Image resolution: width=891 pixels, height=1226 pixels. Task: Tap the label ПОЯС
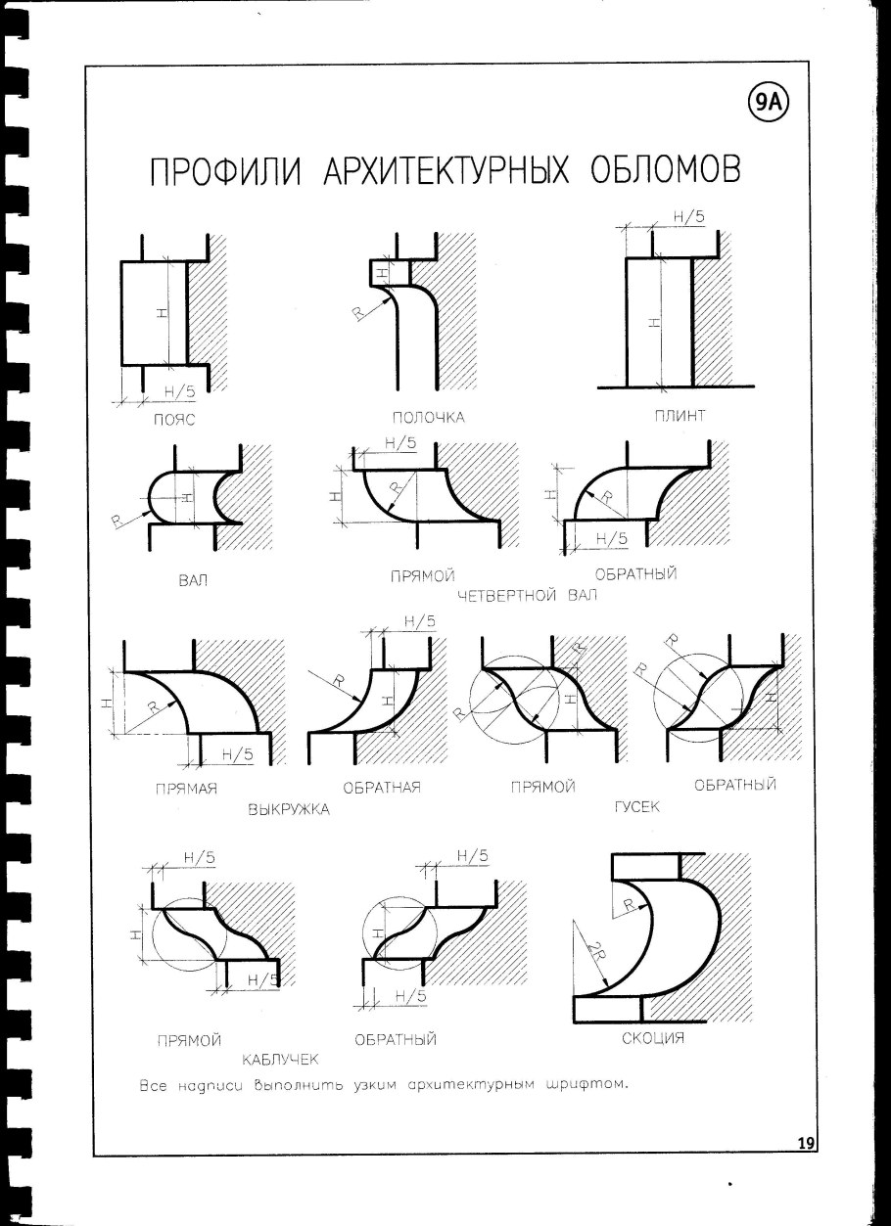(x=175, y=421)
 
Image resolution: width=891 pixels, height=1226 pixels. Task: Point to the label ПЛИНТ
(x=680, y=416)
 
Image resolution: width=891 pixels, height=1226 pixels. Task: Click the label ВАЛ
(x=191, y=580)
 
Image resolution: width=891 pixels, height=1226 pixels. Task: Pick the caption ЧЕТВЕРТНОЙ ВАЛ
(x=525, y=595)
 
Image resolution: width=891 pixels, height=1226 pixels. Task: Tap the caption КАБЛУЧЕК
(x=282, y=1059)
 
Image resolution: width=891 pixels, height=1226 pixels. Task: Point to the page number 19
(x=807, y=1143)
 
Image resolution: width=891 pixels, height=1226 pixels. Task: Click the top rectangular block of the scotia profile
(x=643, y=867)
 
